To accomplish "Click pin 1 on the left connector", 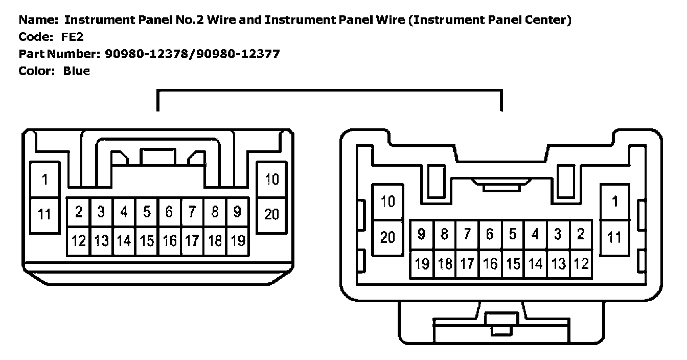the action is pos(44,179).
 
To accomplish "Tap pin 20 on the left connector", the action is pos(271,214).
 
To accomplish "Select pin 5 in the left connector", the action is pos(147,212).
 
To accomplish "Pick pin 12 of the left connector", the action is pos(79,240).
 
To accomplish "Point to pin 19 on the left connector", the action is pos(238,240).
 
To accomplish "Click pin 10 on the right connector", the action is pos(388,202).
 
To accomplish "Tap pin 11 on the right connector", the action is pos(614,237).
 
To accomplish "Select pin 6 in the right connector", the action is pos(490,235).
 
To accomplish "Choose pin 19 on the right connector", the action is pos(422,264).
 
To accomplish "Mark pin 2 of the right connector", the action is pos(581,235).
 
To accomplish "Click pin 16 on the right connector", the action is pos(490,264).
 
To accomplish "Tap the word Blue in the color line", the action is pos(77,71).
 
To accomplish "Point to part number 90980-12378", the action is pos(147,54).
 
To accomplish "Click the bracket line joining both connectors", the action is pos(330,91).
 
